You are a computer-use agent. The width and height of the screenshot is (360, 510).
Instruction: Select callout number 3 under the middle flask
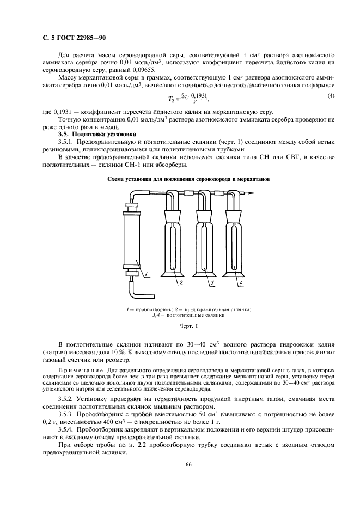click(210, 283)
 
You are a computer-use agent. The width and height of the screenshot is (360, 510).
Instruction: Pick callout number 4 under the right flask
click(240, 283)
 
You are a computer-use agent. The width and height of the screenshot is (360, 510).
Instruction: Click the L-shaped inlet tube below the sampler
click(134, 289)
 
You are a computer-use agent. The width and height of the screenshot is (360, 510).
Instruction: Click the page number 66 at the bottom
click(180, 464)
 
